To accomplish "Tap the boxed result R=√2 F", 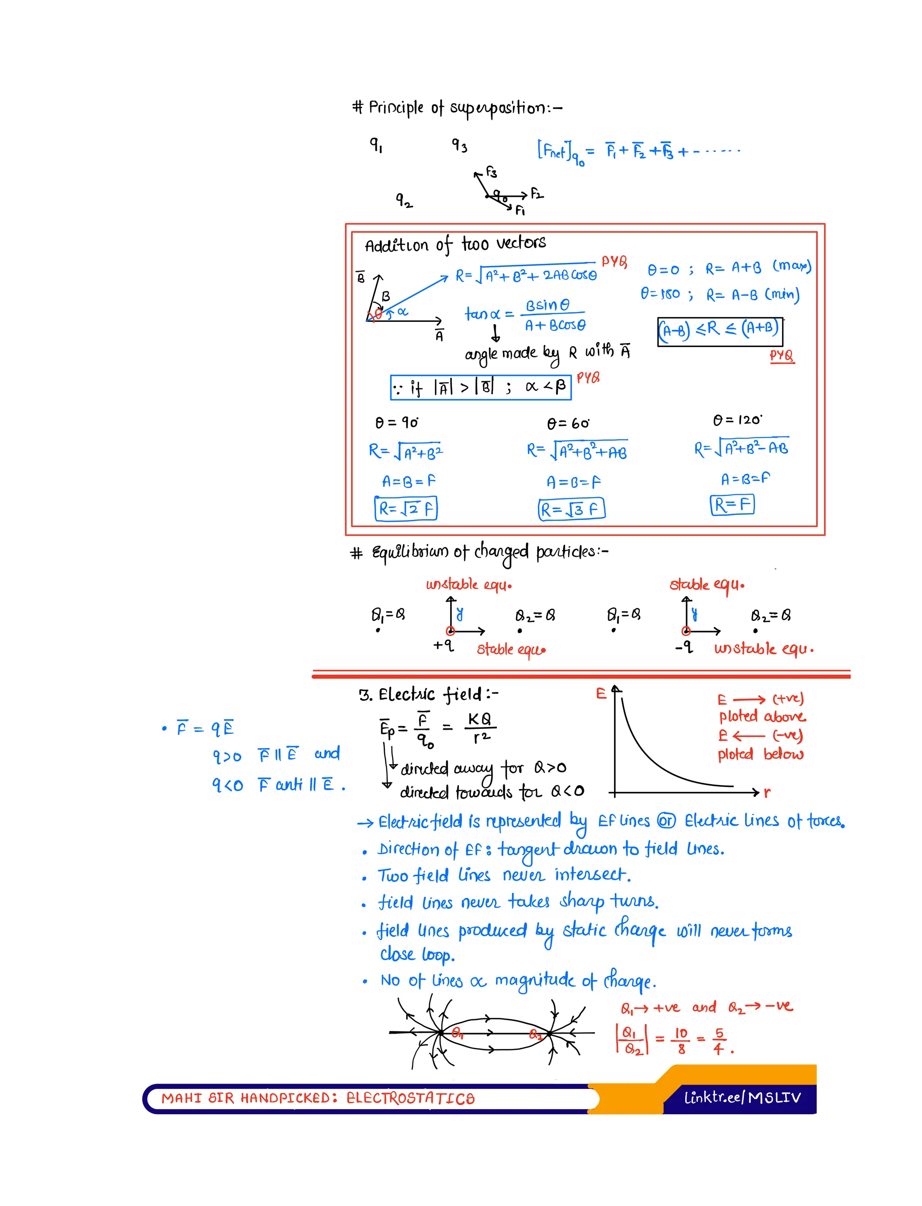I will point(406,508).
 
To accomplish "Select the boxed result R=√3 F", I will point(571,509).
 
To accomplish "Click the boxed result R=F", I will point(732,504).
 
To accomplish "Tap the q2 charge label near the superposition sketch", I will point(404,200).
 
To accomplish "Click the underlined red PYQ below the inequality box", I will point(782,356).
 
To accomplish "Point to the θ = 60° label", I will point(567,424).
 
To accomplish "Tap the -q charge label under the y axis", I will point(684,648).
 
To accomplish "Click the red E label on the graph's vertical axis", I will point(601,694).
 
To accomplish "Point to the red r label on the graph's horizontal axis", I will point(767,792).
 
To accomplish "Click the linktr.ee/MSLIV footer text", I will point(742,1098).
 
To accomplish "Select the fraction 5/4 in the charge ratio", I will point(719,1041).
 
